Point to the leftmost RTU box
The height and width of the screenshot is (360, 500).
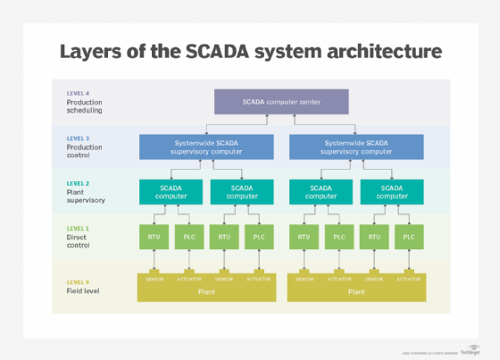pyautogui.click(x=153, y=238)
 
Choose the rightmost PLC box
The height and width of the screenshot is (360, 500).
pyautogui.click(x=409, y=238)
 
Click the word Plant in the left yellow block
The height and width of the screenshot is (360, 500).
pyautogui.click(x=205, y=291)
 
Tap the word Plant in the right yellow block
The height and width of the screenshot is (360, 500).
pyautogui.click(x=355, y=291)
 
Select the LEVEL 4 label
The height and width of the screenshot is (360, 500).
pyautogui.click(x=79, y=93)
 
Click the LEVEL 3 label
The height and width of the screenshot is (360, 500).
pyautogui.click(x=79, y=138)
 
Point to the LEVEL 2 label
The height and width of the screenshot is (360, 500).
pyautogui.click(x=79, y=182)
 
